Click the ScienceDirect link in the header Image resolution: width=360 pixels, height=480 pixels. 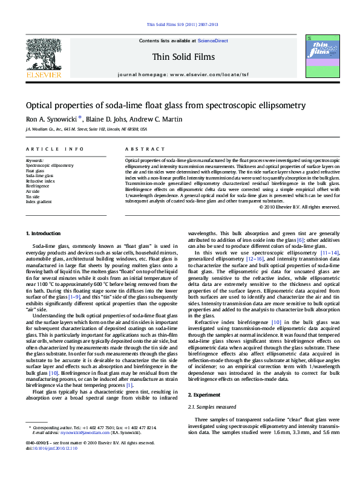click(x=213, y=41)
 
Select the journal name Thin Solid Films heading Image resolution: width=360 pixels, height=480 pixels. click(x=179, y=56)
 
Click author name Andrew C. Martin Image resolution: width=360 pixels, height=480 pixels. click(x=161, y=119)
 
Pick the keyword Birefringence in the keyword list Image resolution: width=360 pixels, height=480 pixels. click(x=38, y=187)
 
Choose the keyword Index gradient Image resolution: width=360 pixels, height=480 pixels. click(x=39, y=201)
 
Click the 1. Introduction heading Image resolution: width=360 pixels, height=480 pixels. click(x=44, y=233)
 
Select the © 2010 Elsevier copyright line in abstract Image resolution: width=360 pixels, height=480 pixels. click(x=299, y=207)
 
